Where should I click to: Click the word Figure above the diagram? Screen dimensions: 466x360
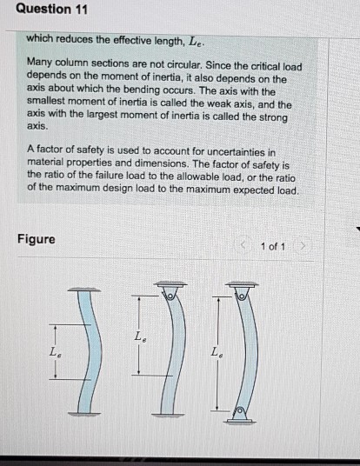[36, 239]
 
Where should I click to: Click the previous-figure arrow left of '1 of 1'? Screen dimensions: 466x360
[246, 246]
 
